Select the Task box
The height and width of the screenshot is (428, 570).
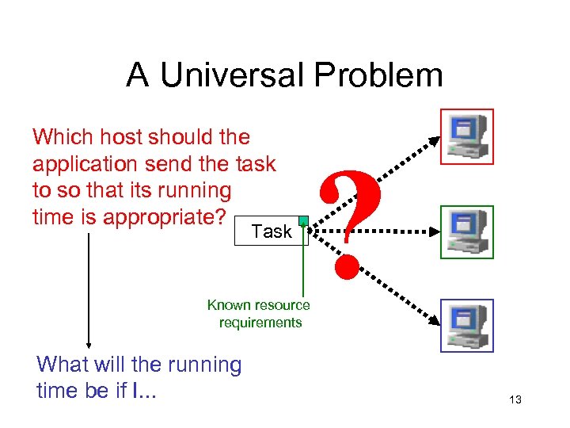(271, 231)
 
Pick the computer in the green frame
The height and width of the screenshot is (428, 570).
(466, 231)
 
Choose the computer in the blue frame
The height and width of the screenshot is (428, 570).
(466, 325)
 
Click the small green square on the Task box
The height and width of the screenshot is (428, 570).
(303, 221)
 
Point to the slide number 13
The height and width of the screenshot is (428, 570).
(515, 400)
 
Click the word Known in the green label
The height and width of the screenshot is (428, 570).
(229, 305)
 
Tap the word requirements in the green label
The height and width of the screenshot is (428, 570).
(260, 323)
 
